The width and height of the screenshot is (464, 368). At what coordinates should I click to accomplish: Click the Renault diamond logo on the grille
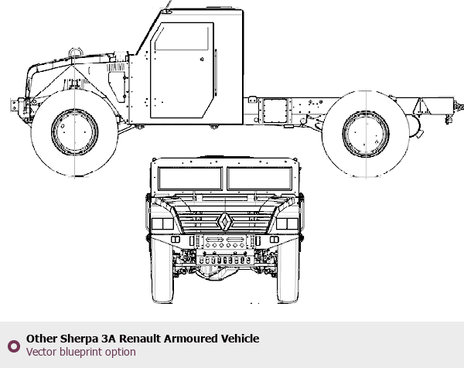[225, 222]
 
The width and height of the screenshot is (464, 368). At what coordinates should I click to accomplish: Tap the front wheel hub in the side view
[74, 131]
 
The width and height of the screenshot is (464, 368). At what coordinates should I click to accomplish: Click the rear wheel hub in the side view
[366, 134]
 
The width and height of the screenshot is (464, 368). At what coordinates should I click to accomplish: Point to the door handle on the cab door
[202, 60]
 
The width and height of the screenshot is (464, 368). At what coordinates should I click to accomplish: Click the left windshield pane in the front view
[190, 179]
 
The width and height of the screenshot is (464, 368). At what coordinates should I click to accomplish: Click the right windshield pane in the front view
[260, 179]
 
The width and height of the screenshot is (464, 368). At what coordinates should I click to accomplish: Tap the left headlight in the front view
[162, 223]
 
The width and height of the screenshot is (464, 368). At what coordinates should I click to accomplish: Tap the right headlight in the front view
[288, 223]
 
